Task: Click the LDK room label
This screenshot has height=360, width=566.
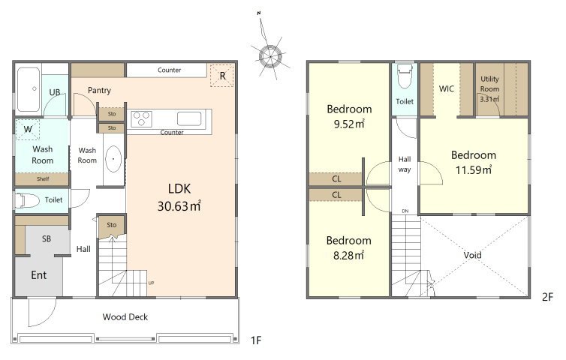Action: (179, 189)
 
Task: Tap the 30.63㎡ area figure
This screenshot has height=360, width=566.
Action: (179, 206)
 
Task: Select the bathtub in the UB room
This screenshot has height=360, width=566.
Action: (29, 89)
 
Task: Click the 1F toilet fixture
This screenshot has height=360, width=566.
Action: (27, 200)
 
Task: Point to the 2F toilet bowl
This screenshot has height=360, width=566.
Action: (405, 76)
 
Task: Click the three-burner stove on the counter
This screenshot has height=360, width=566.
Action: (141, 119)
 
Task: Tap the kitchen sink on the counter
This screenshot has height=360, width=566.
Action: (189, 118)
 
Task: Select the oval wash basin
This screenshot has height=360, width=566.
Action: (113, 159)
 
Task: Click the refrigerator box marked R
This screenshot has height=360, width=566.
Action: (222, 76)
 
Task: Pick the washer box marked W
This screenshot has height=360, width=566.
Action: (28, 129)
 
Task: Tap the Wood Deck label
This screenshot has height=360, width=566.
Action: (125, 317)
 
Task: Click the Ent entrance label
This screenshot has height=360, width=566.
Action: (38, 275)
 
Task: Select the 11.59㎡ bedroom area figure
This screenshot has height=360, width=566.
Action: (474, 169)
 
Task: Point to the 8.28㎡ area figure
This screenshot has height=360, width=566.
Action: (348, 256)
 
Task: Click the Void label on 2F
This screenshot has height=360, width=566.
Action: (472, 256)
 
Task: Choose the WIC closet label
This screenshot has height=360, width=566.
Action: (447, 88)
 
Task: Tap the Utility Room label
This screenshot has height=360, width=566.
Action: (490, 84)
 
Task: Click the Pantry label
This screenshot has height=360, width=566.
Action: (99, 90)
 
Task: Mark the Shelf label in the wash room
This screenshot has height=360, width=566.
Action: (43, 179)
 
